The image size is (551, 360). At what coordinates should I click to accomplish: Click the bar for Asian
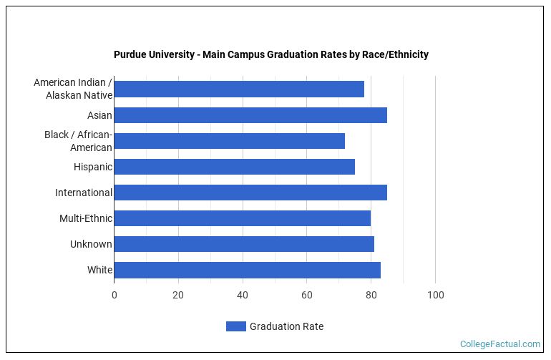pos(250,115)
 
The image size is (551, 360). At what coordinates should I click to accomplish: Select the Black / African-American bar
pos(229,141)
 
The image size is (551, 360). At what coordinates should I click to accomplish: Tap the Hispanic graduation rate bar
pos(234,167)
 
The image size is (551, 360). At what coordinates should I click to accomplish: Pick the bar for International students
pos(250,193)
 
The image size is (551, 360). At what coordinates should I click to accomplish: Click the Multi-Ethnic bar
pos(242,218)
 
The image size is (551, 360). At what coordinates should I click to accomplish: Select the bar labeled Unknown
pos(243,244)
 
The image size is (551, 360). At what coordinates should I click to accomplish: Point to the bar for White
pos(247,270)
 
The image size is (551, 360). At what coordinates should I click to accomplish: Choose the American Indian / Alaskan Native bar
pos(238,89)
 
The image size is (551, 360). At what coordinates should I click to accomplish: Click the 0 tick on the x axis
pos(114,295)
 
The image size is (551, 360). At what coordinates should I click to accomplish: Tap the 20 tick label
pos(178,295)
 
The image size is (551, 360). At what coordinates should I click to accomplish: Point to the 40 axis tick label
pos(243,295)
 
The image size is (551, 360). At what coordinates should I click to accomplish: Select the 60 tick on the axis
pos(307,295)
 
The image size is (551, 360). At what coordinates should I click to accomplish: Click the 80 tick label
pos(371,295)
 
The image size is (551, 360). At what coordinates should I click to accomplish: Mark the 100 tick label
pos(435,295)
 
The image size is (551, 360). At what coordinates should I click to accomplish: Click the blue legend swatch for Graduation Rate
pos(235,326)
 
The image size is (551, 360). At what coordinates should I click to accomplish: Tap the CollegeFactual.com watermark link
pos(499,344)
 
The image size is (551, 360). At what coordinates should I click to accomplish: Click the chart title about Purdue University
pos(271,54)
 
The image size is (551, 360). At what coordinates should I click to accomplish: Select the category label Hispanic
pos(93,167)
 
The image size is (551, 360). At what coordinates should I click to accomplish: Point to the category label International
pos(84,193)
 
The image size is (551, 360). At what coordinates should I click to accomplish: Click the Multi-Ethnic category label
pos(86,218)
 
